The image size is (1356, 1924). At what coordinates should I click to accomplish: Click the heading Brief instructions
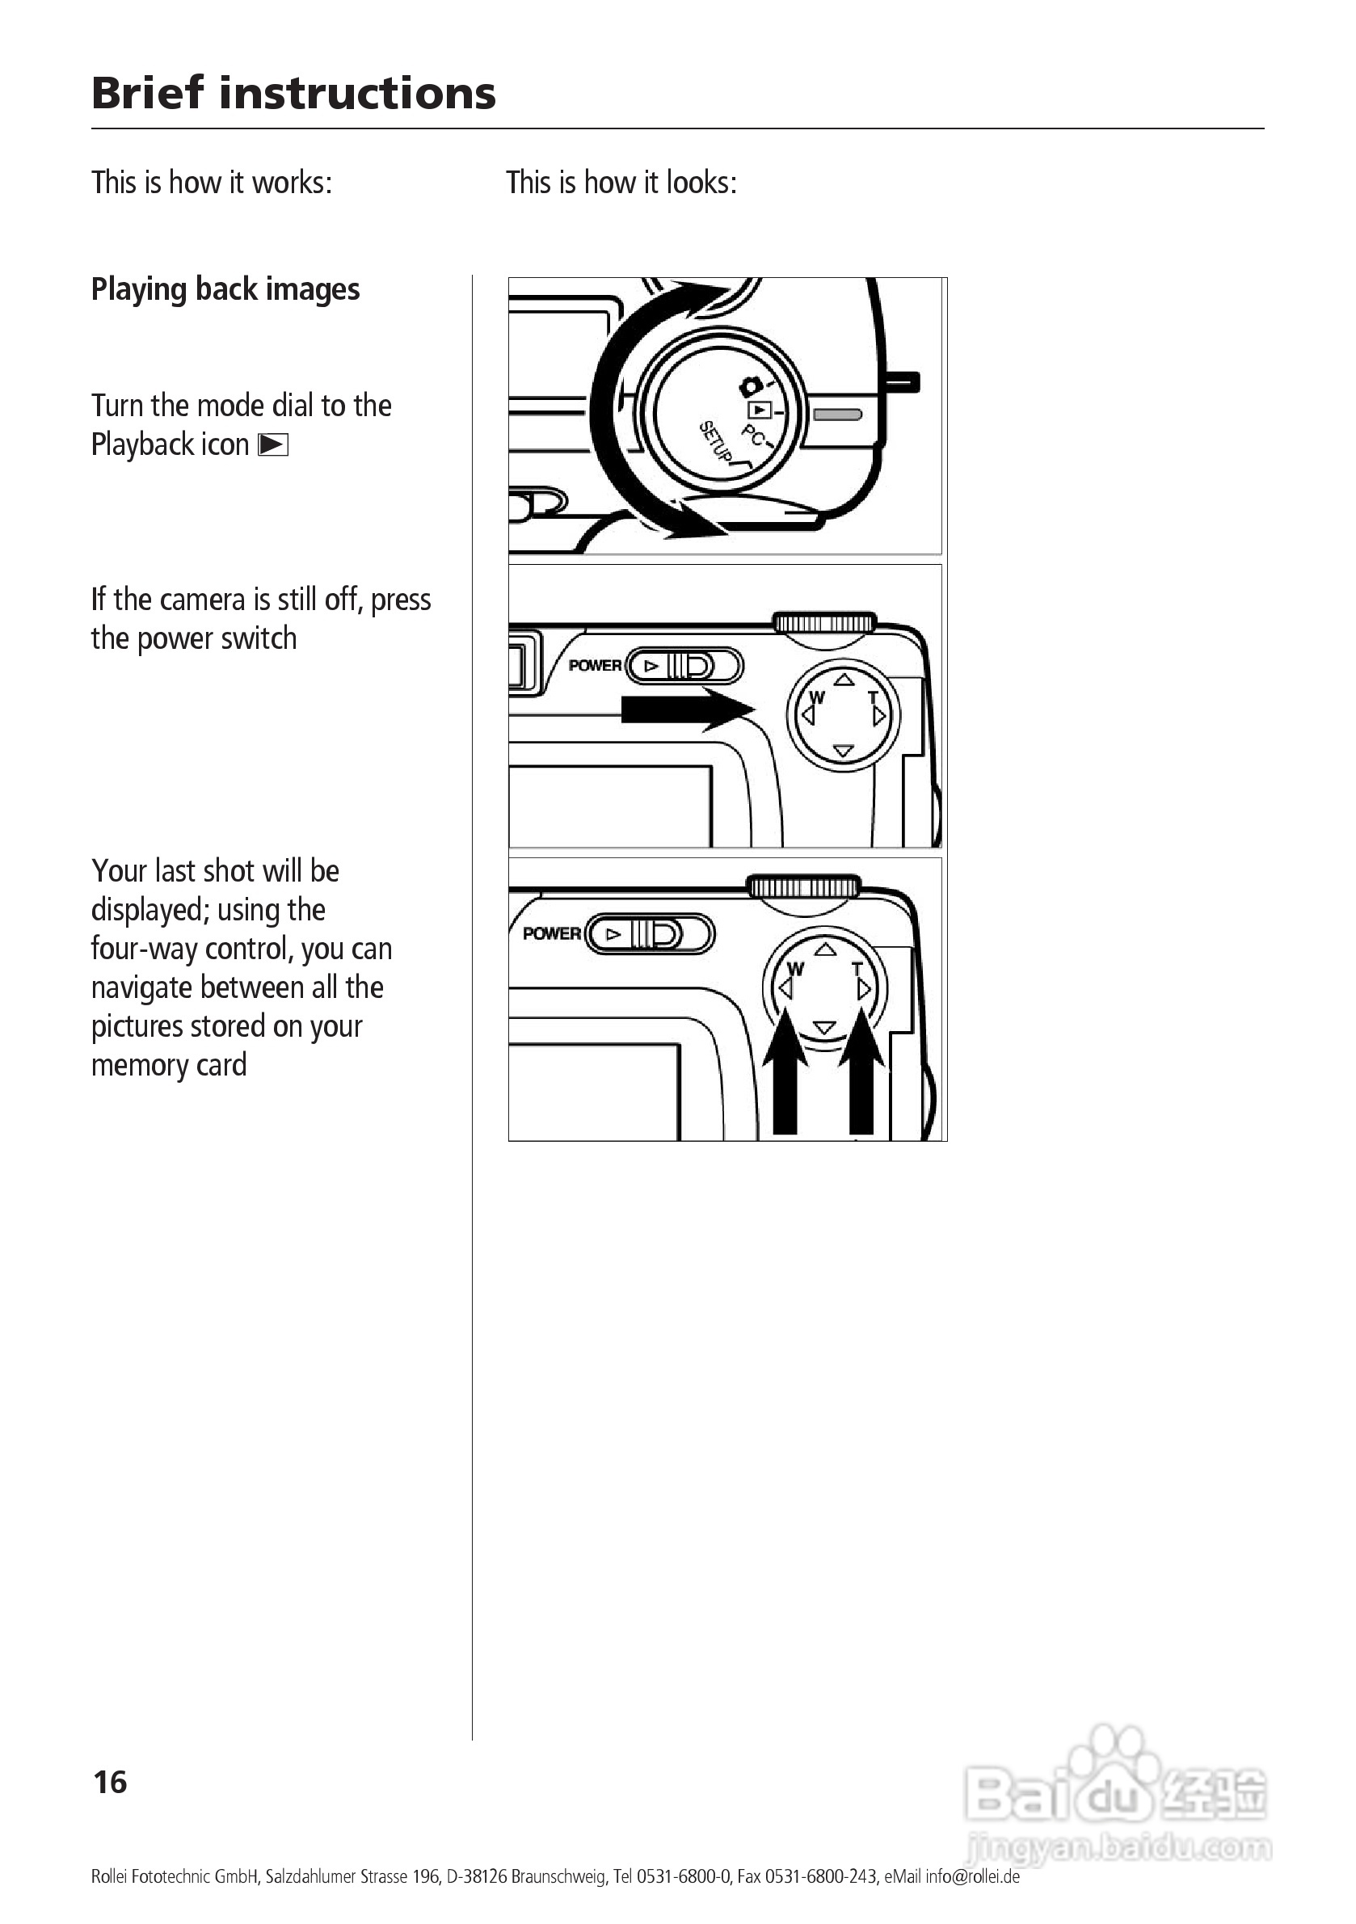tap(293, 92)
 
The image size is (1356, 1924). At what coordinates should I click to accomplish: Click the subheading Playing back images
tap(225, 289)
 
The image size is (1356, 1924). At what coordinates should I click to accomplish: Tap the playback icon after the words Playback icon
tap(273, 445)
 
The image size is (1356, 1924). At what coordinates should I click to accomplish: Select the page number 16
tap(110, 1783)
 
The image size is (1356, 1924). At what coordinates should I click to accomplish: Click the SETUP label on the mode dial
tap(715, 442)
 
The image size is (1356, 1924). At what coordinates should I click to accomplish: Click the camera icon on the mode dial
tap(750, 386)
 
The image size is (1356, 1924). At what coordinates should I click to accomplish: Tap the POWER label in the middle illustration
tap(595, 665)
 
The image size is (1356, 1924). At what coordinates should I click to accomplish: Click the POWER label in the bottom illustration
tap(551, 933)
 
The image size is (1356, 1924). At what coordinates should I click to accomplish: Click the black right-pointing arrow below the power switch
tap(687, 709)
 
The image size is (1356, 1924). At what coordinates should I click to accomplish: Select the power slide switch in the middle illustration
tap(684, 666)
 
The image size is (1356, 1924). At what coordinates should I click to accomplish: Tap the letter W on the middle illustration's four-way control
tap(817, 697)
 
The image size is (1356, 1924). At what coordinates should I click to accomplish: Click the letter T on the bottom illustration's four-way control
tap(857, 970)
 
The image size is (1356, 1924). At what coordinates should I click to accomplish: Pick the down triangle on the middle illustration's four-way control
tap(844, 751)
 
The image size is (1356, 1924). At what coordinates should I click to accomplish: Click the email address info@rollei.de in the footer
tap(972, 1876)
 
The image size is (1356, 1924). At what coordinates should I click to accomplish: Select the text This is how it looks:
tap(621, 183)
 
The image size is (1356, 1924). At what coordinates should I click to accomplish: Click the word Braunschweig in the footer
tap(559, 1876)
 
